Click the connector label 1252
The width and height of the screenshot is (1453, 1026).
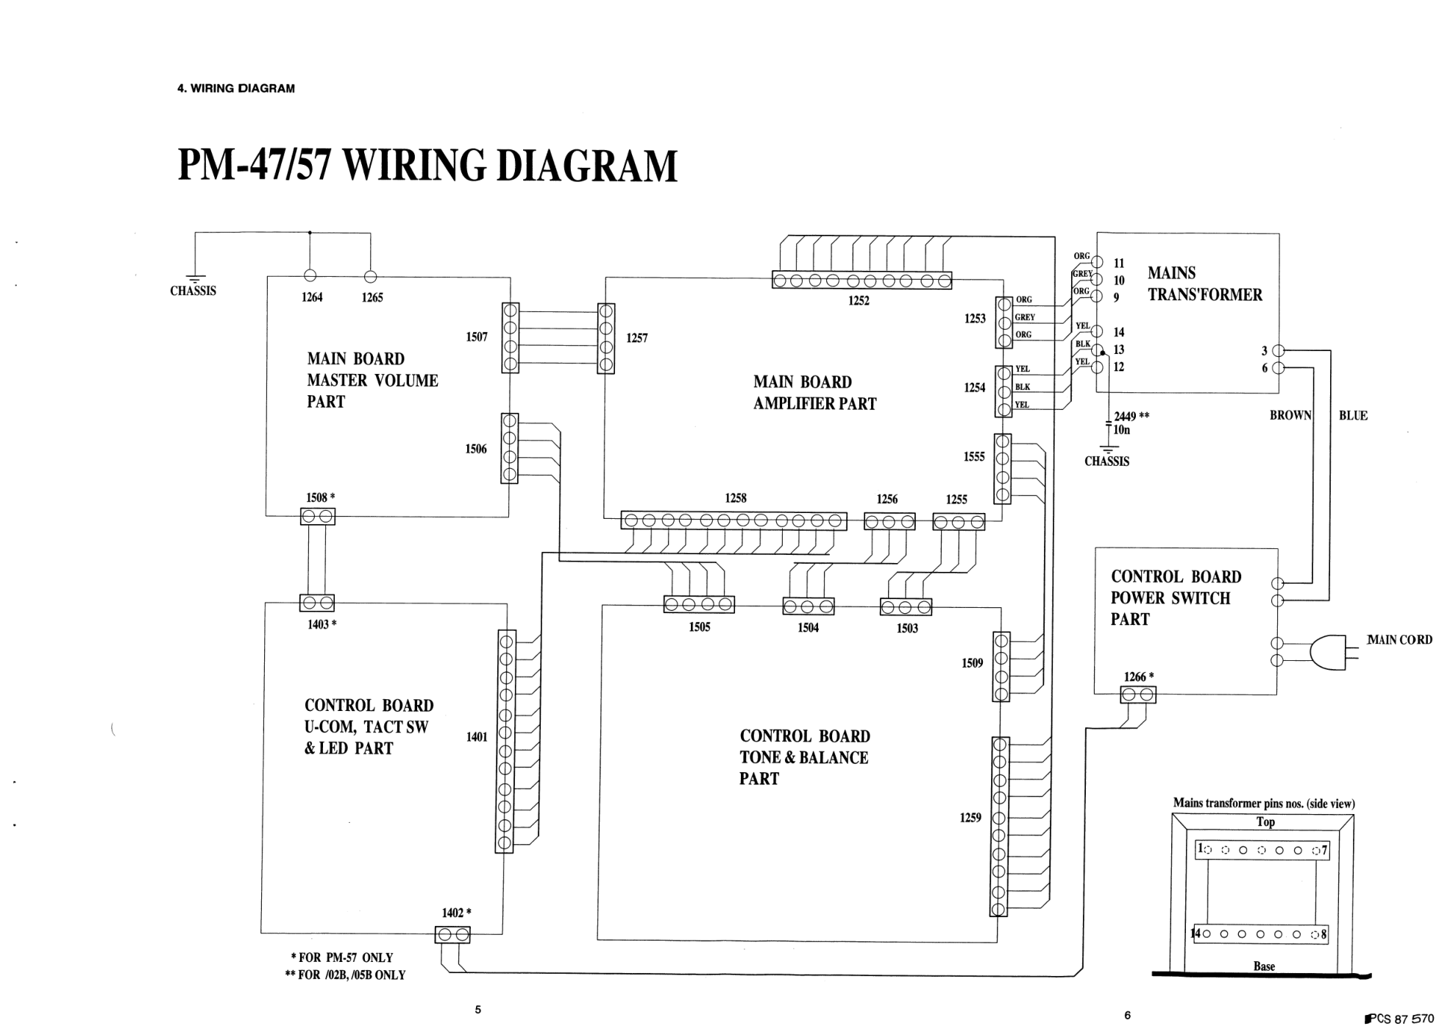click(858, 301)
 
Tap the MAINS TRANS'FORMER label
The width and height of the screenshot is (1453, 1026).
click(1204, 284)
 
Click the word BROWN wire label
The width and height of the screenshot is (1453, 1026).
click(1290, 416)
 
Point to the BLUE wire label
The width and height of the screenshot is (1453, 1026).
click(1353, 416)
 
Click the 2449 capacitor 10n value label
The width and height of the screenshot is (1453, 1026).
click(1121, 430)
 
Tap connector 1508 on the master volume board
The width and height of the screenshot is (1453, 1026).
click(318, 517)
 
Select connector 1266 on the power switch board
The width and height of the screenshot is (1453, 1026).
click(1137, 695)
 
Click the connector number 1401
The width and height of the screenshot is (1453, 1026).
click(477, 737)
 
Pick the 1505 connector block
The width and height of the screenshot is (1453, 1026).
click(699, 605)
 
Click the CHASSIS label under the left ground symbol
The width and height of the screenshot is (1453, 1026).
click(193, 291)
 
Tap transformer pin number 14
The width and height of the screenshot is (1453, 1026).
click(1118, 332)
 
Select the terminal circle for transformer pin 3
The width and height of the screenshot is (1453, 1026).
click(1278, 351)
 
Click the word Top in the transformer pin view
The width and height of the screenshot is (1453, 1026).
click(1265, 822)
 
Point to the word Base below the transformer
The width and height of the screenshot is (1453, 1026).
click(1264, 966)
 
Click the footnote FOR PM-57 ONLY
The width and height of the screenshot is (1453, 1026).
click(342, 958)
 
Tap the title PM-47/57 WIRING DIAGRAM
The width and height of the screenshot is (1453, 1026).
click(427, 166)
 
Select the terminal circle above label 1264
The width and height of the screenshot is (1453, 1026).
click(310, 276)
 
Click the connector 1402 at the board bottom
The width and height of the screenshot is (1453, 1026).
click(452, 935)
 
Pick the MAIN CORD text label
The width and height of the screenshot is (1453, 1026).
click(1399, 640)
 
